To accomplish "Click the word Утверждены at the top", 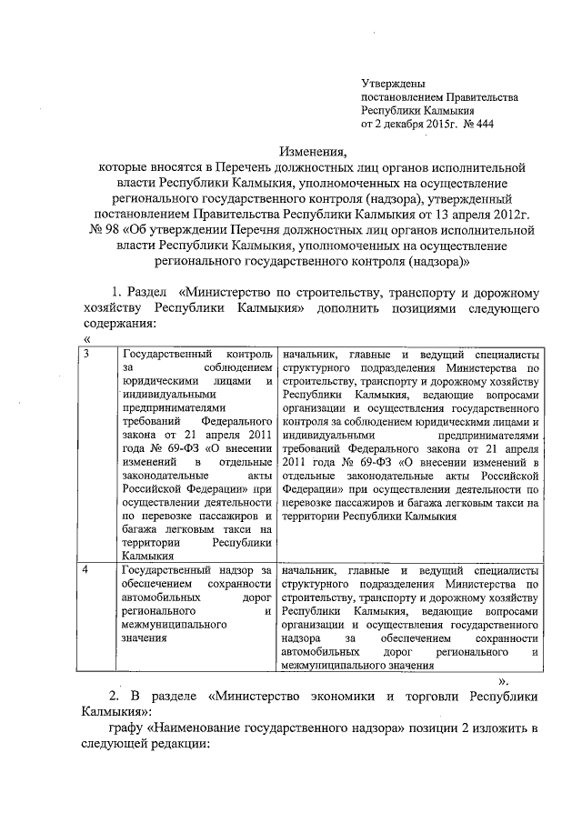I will point(393,83).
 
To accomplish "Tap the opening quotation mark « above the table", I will point(85,339).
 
